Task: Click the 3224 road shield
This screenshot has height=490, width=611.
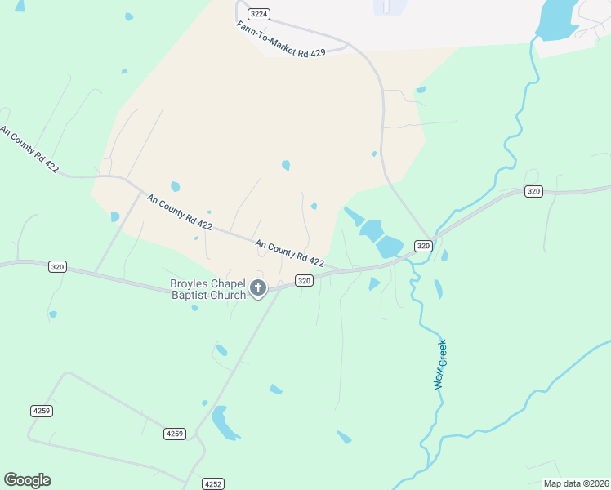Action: coord(259,14)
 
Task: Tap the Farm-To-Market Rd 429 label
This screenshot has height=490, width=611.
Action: coord(281,39)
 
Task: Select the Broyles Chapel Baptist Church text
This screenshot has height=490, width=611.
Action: coord(207,289)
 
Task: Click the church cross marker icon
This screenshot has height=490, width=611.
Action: coord(258,287)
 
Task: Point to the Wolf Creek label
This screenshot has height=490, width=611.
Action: coord(442,363)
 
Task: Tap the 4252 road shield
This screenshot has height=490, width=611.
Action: coord(213,483)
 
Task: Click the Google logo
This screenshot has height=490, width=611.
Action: coord(27,480)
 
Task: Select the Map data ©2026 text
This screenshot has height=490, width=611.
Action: coord(575,483)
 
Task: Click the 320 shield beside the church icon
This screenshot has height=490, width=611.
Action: coord(303,280)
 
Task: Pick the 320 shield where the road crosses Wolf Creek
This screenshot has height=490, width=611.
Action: coord(422,246)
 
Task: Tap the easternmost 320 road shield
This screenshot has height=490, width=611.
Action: coord(533,191)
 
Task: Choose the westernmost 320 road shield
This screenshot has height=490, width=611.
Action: coord(56,266)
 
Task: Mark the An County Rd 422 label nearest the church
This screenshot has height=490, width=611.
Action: coord(289,254)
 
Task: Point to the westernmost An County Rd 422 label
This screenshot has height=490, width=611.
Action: coord(30,149)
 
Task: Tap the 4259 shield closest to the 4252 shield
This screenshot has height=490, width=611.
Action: coord(174,433)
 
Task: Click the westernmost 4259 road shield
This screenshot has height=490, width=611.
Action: coord(41,411)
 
